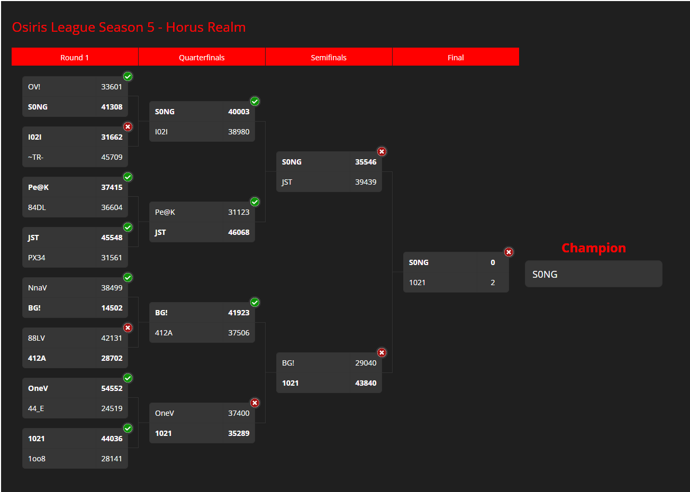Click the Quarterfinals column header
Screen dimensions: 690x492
[202, 58]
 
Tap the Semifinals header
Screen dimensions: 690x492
[329, 58]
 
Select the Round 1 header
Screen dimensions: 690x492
[75, 58]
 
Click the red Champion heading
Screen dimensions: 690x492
[594, 248]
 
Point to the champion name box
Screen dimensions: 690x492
[594, 274]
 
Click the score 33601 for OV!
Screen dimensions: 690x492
[112, 87]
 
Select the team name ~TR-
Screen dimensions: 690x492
[36, 157]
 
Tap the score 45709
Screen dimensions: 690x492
[112, 157]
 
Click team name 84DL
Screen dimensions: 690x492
[37, 207]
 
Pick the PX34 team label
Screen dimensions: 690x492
[37, 258]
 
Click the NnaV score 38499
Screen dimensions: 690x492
[112, 288]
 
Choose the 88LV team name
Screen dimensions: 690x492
[37, 338]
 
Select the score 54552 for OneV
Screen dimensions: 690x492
[112, 388]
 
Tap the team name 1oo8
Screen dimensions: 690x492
[37, 459]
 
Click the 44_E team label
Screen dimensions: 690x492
[36, 408]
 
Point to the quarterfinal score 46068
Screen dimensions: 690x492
[239, 232]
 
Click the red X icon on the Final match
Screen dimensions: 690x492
[509, 252]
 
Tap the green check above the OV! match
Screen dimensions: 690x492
[128, 76]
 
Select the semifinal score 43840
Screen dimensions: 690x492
[366, 384]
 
